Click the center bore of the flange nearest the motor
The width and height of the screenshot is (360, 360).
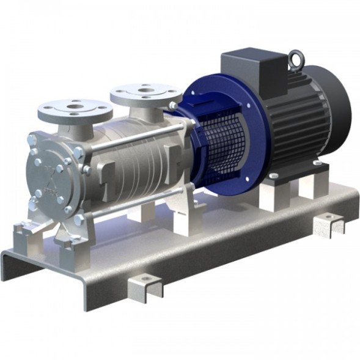coord(145,92)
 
